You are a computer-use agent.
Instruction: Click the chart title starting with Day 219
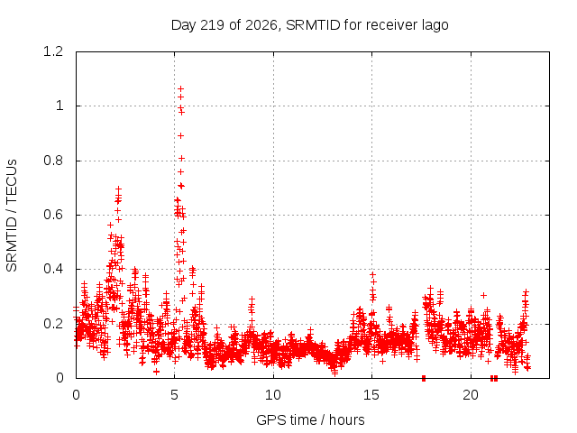pyautogui.click(x=309, y=25)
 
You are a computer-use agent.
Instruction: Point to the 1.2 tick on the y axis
pyautogui.click(x=53, y=51)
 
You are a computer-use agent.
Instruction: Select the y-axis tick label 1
pyautogui.click(x=60, y=106)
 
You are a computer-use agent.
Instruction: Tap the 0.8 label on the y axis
pyautogui.click(x=53, y=161)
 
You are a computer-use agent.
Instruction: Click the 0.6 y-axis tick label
pyautogui.click(x=53, y=215)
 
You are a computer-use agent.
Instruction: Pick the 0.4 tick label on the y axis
pyautogui.click(x=53, y=269)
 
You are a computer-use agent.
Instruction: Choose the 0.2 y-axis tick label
pyautogui.click(x=53, y=324)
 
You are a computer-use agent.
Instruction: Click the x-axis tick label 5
pyautogui.click(x=174, y=395)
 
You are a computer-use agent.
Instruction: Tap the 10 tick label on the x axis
pyautogui.click(x=273, y=395)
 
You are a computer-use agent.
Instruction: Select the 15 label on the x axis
pyautogui.click(x=371, y=395)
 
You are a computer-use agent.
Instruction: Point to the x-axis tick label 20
pyautogui.click(x=471, y=395)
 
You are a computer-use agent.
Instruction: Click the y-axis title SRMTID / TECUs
pyautogui.click(x=12, y=216)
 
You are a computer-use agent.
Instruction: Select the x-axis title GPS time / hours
pyautogui.click(x=310, y=420)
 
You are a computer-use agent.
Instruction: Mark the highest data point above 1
pyautogui.click(x=180, y=88)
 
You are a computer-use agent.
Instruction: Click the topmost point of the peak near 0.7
pyautogui.click(x=118, y=189)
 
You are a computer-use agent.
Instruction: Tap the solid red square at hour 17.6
pyautogui.click(x=424, y=378)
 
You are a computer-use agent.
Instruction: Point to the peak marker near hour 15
pyautogui.click(x=372, y=274)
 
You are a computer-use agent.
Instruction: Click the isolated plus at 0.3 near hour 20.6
pyautogui.click(x=483, y=295)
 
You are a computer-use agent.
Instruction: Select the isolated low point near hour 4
pyautogui.click(x=156, y=372)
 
